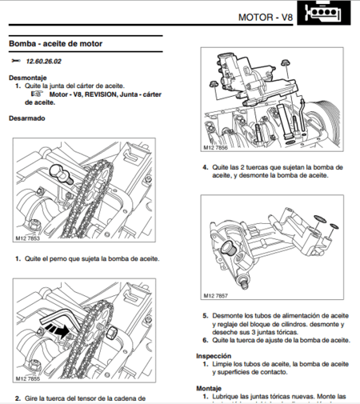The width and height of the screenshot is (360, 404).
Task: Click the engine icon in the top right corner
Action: [x=328, y=16]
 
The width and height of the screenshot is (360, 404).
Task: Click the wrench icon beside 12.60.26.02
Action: [x=16, y=61]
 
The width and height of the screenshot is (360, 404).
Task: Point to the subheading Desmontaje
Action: [x=28, y=78]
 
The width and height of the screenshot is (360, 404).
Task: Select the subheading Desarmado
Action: [x=27, y=118]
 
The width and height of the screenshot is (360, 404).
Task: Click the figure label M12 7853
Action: [x=28, y=238]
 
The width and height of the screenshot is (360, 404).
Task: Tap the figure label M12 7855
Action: [x=28, y=378]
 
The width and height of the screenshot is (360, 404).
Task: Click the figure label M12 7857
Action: [x=218, y=294]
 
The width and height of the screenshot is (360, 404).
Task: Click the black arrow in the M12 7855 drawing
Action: [x=56, y=328]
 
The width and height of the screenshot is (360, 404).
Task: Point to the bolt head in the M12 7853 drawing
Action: [x=58, y=170]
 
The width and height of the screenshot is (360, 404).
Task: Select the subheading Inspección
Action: [x=215, y=355]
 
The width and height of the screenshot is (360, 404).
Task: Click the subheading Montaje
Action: [x=210, y=387]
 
